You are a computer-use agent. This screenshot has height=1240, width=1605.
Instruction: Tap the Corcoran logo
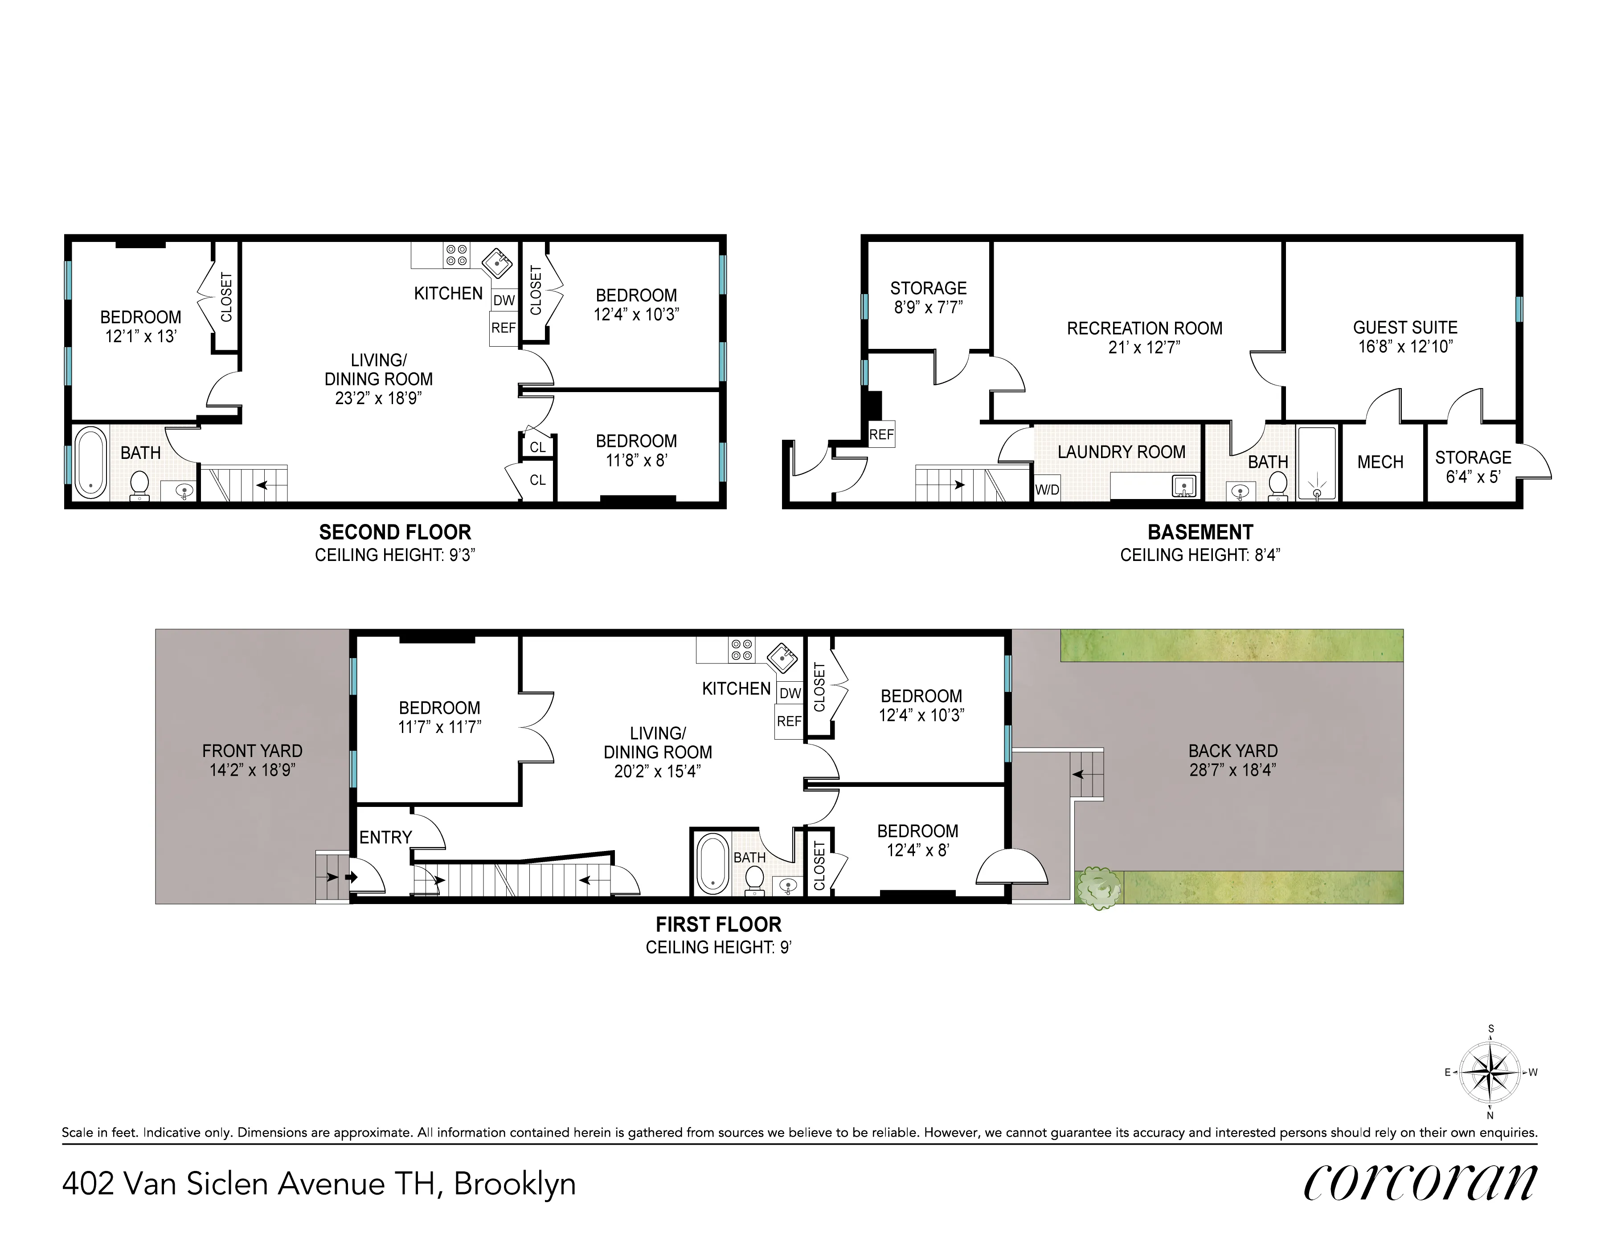(1420, 1182)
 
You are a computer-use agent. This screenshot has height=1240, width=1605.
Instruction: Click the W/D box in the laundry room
(1047, 490)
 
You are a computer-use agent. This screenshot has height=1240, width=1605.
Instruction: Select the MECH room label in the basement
(1380, 462)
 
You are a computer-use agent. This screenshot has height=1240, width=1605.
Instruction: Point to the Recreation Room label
(1144, 328)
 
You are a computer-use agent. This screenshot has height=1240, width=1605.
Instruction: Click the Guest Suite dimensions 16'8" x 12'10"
(1405, 347)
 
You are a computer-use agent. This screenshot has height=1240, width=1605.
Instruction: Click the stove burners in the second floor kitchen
(456, 255)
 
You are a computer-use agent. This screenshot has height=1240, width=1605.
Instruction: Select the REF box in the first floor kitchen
(789, 721)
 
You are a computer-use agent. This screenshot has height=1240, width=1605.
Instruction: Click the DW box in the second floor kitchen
(504, 300)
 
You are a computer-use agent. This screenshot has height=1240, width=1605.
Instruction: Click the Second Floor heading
(395, 532)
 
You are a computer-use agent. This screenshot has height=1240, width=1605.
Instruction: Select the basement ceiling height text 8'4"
(1200, 555)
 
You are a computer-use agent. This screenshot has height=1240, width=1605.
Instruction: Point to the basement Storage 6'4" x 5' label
(1473, 467)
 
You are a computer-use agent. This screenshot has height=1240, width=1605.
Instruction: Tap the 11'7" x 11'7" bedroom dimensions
(439, 727)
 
